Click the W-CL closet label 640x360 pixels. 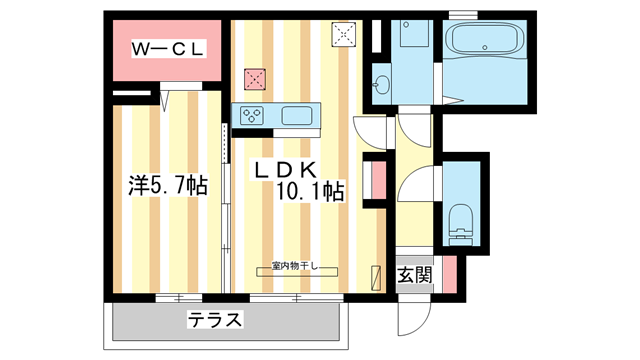pos(168,49)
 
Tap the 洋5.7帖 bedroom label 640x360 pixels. pos(168,185)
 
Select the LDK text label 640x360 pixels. pos(285,170)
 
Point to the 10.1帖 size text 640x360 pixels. pos(310,191)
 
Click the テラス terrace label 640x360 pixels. pos(215,320)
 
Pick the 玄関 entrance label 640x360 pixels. pos(414,275)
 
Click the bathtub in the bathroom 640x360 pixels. pos(484,39)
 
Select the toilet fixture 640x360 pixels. pos(460,224)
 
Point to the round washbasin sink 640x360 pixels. pos(382,85)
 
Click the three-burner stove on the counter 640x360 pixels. pos(251,116)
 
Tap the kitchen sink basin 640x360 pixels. pos(297,116)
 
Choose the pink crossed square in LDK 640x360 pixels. pos(255,79)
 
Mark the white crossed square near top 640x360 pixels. pos(344,34)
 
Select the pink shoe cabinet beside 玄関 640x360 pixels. pos(450,274)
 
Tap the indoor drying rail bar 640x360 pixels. pos(297,272)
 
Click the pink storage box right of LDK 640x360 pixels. pos(379,180)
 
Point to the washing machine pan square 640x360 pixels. pos(414,33)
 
